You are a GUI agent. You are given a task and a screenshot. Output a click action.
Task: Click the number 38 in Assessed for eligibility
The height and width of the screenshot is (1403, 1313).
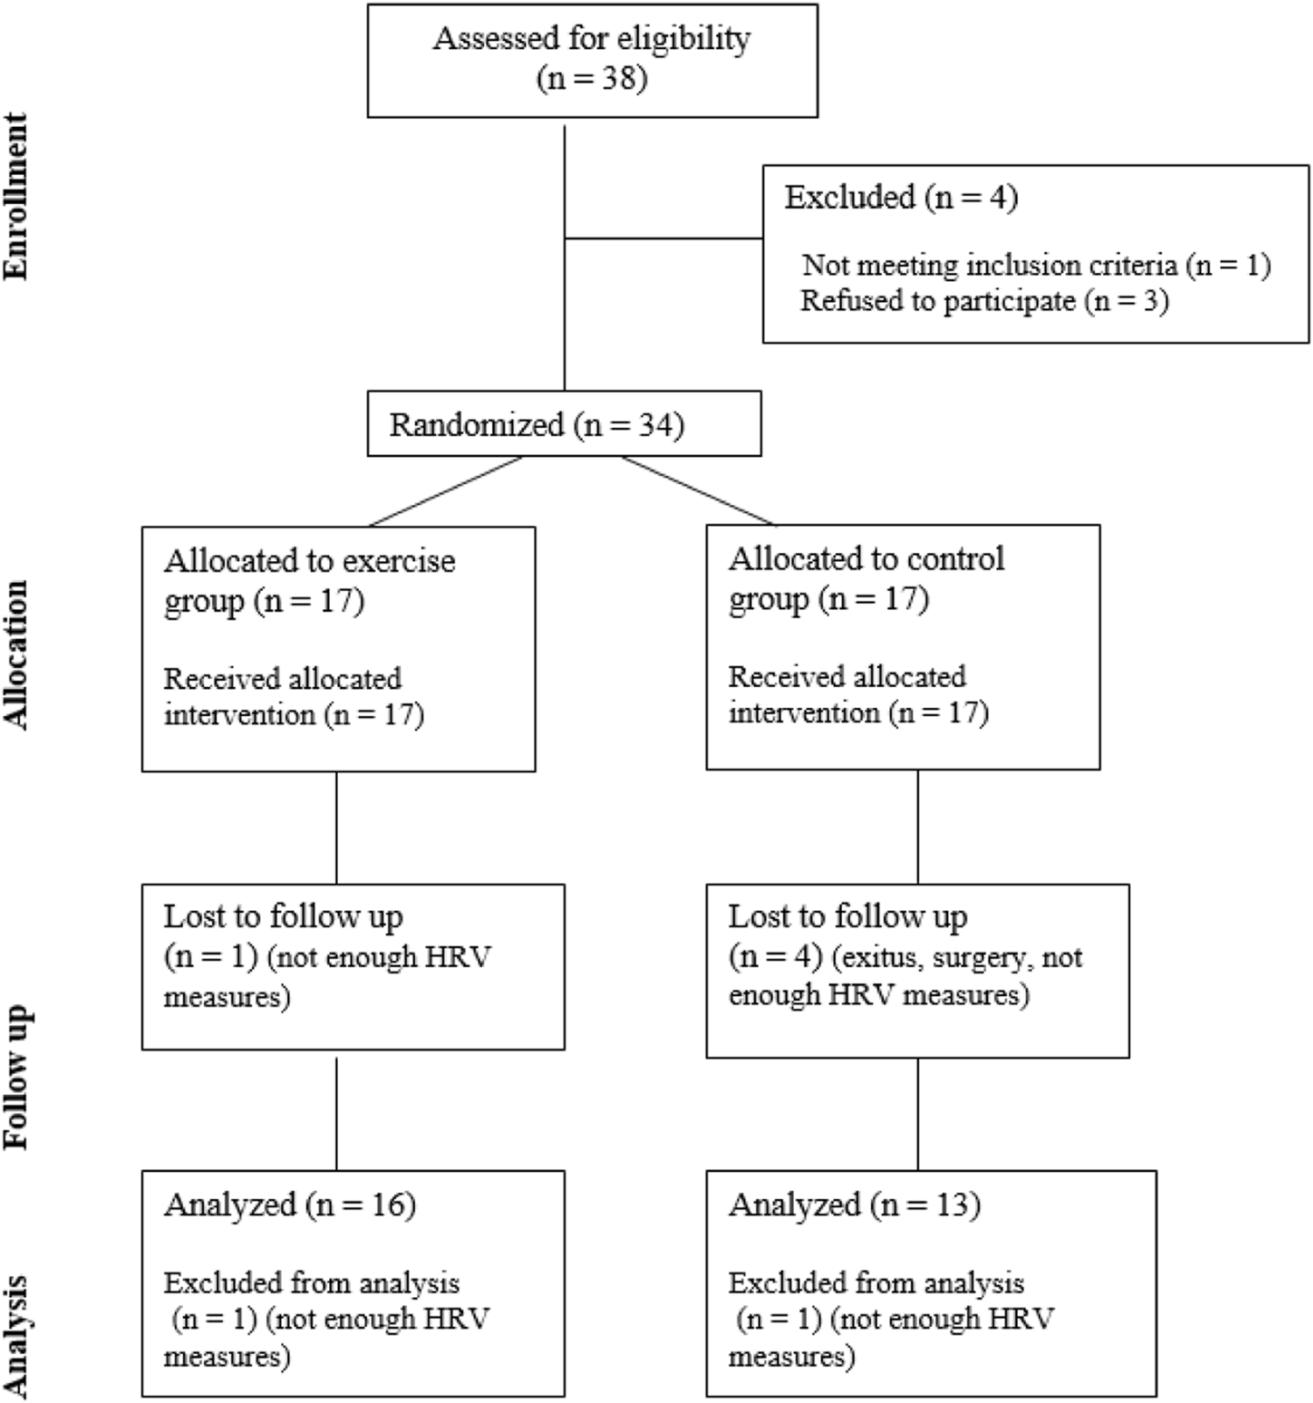618,79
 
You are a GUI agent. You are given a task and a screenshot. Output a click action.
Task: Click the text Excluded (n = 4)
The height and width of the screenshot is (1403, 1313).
901,197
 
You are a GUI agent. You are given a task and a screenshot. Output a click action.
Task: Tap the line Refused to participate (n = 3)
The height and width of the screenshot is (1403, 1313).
984,300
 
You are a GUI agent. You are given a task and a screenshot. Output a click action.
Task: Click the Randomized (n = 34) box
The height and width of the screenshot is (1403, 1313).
564,424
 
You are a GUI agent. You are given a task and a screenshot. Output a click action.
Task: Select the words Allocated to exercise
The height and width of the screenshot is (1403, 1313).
309,560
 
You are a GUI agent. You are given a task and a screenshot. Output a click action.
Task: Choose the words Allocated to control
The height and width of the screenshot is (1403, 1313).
866,558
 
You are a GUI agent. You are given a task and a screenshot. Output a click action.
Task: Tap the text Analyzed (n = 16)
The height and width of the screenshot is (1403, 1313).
290,1204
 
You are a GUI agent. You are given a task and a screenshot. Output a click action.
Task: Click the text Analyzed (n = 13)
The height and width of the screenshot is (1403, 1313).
854,1204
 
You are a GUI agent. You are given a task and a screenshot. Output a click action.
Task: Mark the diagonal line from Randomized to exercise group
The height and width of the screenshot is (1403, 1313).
446,491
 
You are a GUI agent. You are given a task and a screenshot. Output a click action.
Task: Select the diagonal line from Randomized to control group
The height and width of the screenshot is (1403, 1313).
698,490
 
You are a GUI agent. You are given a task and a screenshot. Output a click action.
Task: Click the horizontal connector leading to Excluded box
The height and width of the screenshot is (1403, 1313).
664,237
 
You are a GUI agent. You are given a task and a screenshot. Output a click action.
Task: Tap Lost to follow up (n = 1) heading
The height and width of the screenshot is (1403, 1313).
283,916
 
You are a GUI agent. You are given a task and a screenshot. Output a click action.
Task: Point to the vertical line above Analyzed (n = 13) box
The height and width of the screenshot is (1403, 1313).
917,1113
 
